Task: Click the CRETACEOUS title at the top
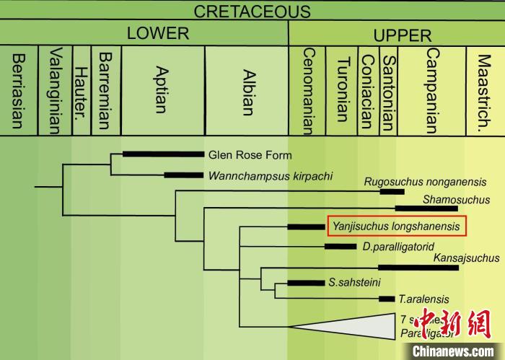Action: [252, 12]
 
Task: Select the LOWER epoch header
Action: [157, 33]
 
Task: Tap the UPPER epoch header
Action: [402, 35]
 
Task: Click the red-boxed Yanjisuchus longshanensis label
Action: [397, 227]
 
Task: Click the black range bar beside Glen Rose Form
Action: [163, 154]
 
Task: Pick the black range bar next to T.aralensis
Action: [387, 299]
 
